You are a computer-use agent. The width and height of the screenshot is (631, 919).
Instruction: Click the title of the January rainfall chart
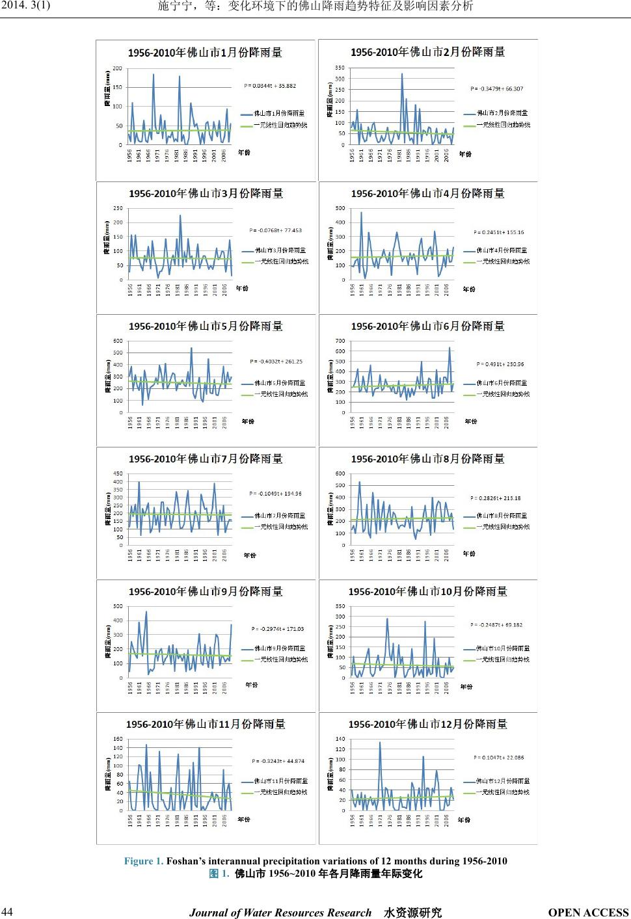click(x=205, y=53)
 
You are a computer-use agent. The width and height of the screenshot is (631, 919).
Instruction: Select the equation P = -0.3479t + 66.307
click(x=496, y=88)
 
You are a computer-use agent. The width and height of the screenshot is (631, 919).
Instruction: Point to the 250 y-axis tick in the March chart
click(x=118, y=208)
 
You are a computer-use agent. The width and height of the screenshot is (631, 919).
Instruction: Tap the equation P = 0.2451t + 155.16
click(x=498, y=232)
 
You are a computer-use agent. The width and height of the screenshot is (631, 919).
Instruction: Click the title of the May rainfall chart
click(x=206, y=326)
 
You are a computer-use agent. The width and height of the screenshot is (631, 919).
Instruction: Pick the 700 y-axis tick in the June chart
click(x=340, y=341)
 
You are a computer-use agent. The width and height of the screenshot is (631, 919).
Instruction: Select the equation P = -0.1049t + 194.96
click(x=276, y=494)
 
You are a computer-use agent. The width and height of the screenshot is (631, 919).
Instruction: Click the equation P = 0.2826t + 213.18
click(x=496, y=498)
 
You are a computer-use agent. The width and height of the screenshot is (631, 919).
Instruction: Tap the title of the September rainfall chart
click(x=206, y=591)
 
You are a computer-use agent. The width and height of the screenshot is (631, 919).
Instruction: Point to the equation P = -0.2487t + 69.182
click(x=496, y=625)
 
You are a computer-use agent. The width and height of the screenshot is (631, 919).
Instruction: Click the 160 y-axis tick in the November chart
click(x=118, y=739)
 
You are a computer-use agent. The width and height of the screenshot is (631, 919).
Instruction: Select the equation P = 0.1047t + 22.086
click(x=498, y=757)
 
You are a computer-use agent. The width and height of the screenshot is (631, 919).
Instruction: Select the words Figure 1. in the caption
click(x=143, y=861)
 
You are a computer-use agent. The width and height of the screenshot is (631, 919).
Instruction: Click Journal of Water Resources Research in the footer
click(x=280, y=912)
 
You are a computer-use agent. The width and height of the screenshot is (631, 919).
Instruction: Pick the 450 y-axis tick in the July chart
click(x=118, y=473)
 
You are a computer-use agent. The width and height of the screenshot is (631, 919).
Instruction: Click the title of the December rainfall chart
click(x=427, y=724)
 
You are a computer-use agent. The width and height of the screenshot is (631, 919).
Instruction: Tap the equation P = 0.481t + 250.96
click(x=500, y=364)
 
